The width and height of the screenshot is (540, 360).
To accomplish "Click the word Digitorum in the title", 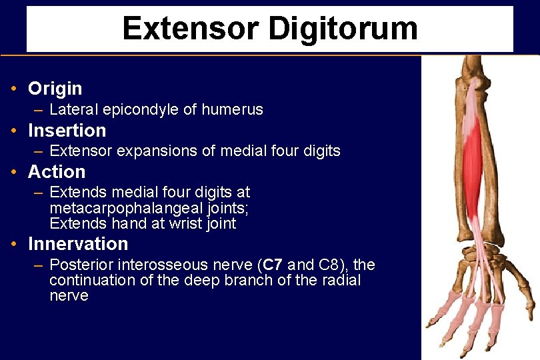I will click(x=343, y=29).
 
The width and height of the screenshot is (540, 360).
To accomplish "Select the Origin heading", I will click(x=55, y=89).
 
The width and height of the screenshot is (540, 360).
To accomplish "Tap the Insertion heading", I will click(x=67, y=131).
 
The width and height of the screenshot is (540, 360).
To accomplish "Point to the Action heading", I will click(x=57, y=172).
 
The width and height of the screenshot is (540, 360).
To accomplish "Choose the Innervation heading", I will click(x=78, y=244).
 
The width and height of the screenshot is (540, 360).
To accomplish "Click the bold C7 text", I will click(x=273, y=265).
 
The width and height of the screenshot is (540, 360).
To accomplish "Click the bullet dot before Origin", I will click(x=14, y=89).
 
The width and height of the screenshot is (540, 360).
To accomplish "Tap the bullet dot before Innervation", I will click(x=14, y=244).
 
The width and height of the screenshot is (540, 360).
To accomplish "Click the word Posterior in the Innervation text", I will click(x=79, y=265).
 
